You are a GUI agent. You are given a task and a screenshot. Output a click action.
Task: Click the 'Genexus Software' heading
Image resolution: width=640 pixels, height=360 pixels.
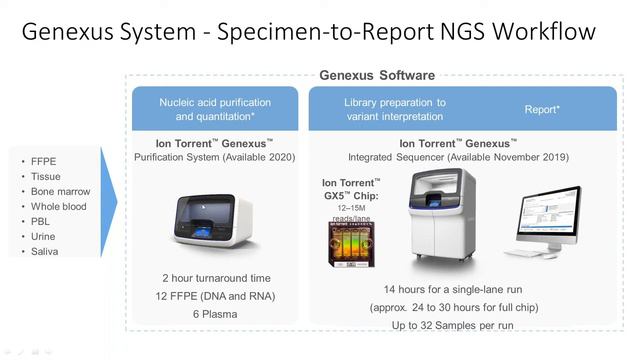(376, 76)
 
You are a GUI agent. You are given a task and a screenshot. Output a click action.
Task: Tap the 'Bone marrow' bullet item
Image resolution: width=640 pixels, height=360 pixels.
(61, 191)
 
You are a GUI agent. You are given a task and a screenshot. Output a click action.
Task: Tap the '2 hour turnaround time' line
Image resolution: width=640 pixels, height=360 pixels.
(215, 277)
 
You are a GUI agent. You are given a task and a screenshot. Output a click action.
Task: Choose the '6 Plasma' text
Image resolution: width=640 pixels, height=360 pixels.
(215, 314)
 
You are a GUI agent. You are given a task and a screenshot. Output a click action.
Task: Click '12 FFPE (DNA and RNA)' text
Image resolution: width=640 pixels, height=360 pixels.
(215, 296)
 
